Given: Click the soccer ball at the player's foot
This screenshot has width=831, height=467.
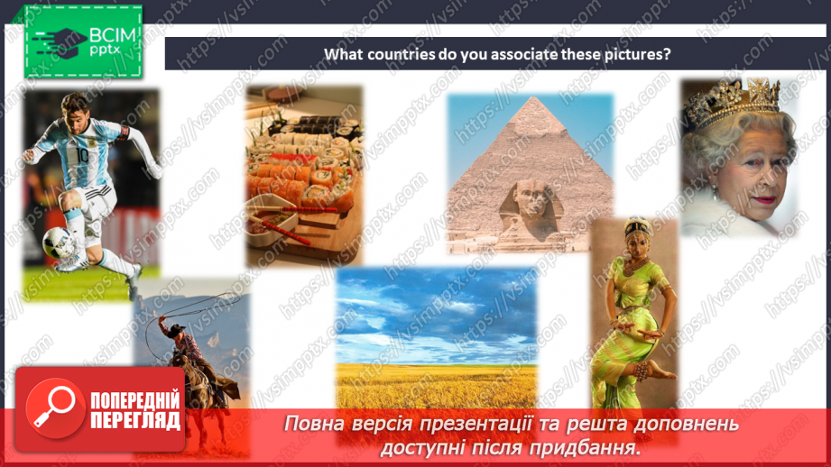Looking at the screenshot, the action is click(59, 243).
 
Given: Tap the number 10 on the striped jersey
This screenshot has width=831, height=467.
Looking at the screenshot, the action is click(83, 156).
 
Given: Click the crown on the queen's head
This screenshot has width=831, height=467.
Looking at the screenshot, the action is click(733, 104).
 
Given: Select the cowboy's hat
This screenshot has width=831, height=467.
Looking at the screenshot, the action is click(175, 328).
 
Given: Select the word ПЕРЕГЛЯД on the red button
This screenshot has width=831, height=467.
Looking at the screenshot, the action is click(135, 421).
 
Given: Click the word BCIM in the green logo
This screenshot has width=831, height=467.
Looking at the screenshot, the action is click(113, 35).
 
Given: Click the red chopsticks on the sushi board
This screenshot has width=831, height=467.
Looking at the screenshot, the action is click(281, 226).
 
